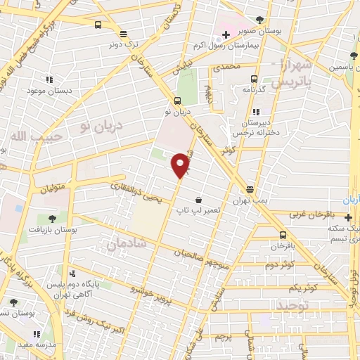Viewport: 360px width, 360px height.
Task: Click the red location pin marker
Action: [x=181, y=165]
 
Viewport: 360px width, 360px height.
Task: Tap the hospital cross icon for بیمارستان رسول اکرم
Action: [x=226, y=34]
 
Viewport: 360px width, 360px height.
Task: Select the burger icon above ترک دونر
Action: [x=124, y=34]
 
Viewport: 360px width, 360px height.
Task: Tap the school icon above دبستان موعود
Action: [x=48, y=80]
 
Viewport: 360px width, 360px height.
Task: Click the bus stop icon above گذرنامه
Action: [x=255, y=79]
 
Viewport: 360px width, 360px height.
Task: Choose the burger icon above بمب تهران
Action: [x=250, y=189]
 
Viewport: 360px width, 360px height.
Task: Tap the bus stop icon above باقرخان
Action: [x=283, y=235]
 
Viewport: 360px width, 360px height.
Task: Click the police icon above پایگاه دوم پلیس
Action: [x=72, y=274]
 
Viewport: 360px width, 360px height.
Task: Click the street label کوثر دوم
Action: [x=279, y=265]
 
